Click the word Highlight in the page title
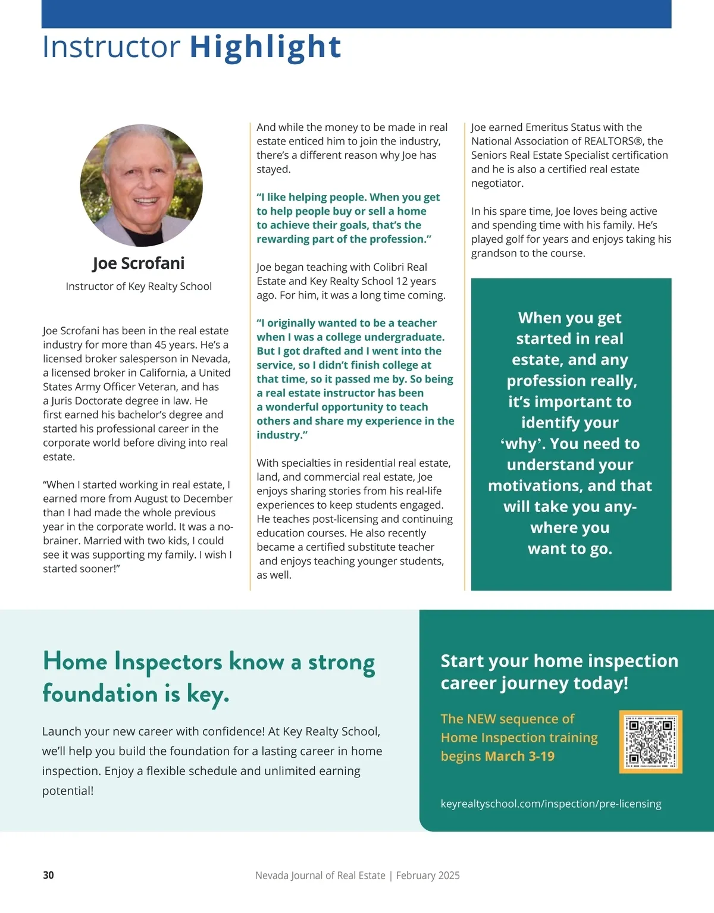(x=265, y=47)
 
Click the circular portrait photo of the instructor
(x=142, y=185)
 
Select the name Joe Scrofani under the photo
(x=139, y=263)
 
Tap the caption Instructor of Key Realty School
(x=139, y=286)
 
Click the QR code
(x=650, y=742)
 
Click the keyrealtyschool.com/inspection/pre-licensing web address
(x=551, y=804)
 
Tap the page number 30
(x=48, y=875)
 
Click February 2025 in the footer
(x=428, y=876)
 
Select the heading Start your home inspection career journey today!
(x=559, y=672)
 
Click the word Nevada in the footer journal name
(x=271, y=876)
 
